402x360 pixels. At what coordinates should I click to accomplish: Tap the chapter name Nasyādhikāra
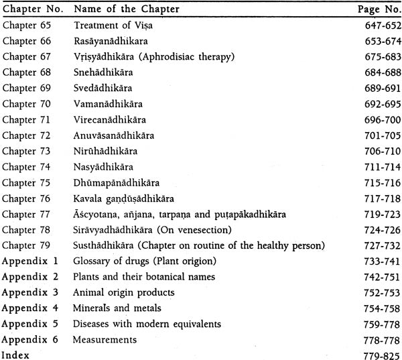(103, 166)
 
